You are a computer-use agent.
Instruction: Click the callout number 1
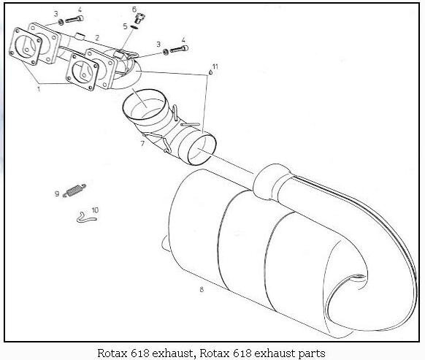coord(39,88)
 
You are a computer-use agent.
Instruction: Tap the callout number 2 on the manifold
coord(97,38)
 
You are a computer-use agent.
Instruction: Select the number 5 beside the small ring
coord(125,26)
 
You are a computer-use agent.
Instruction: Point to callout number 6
coord(134,9)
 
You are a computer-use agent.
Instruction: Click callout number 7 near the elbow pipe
coord(143,143)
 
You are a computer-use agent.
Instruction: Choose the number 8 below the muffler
coord(202,289)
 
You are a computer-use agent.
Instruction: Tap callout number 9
coord(57,194)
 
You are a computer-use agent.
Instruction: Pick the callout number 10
coord(95,210)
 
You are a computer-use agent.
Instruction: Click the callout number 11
coord(215,66)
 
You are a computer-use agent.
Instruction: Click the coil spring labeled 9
coord(74,189)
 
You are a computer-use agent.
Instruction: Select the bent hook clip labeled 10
coord(86,217)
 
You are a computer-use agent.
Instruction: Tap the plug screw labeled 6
coord(140,18)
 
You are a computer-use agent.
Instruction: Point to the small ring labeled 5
coord(134,27)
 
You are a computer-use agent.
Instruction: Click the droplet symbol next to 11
coord(210,72)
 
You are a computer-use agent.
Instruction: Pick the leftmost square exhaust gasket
coord(26,46)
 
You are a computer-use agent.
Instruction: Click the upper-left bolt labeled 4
coord(74,19)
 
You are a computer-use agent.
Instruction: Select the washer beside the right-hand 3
coord(165,52)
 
